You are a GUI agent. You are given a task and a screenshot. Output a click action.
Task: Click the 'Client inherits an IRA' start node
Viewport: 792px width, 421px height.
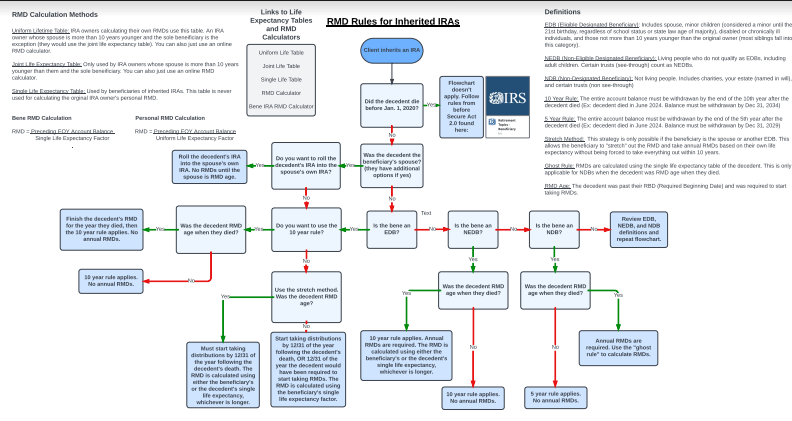(x=391, y=49)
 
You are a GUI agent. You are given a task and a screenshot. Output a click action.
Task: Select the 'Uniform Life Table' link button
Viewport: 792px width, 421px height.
(x=281, y=51)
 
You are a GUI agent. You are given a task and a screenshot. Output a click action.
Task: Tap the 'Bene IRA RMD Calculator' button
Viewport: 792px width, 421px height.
(x=281, y=106)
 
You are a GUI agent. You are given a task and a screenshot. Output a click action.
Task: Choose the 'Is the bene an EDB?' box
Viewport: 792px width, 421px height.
(x=391, y=229)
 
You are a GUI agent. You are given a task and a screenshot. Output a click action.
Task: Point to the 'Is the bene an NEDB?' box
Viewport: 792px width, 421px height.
(x=473, y=229)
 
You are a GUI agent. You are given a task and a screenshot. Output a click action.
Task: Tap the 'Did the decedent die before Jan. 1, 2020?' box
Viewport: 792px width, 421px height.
(x=391, y=104)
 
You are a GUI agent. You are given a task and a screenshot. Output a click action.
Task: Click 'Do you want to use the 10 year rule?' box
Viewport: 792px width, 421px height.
(x=306, y=229)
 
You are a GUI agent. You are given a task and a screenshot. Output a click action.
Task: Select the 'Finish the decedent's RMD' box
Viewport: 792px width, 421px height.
(x=102, y=229)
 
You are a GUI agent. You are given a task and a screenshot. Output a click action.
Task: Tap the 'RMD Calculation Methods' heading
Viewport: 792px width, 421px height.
(x=55, y=14)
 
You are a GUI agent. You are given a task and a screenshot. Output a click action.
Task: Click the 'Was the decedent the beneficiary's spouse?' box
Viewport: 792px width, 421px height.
(x=391, y=165)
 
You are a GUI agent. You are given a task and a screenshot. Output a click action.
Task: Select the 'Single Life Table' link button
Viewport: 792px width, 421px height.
(x=281, y=78)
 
